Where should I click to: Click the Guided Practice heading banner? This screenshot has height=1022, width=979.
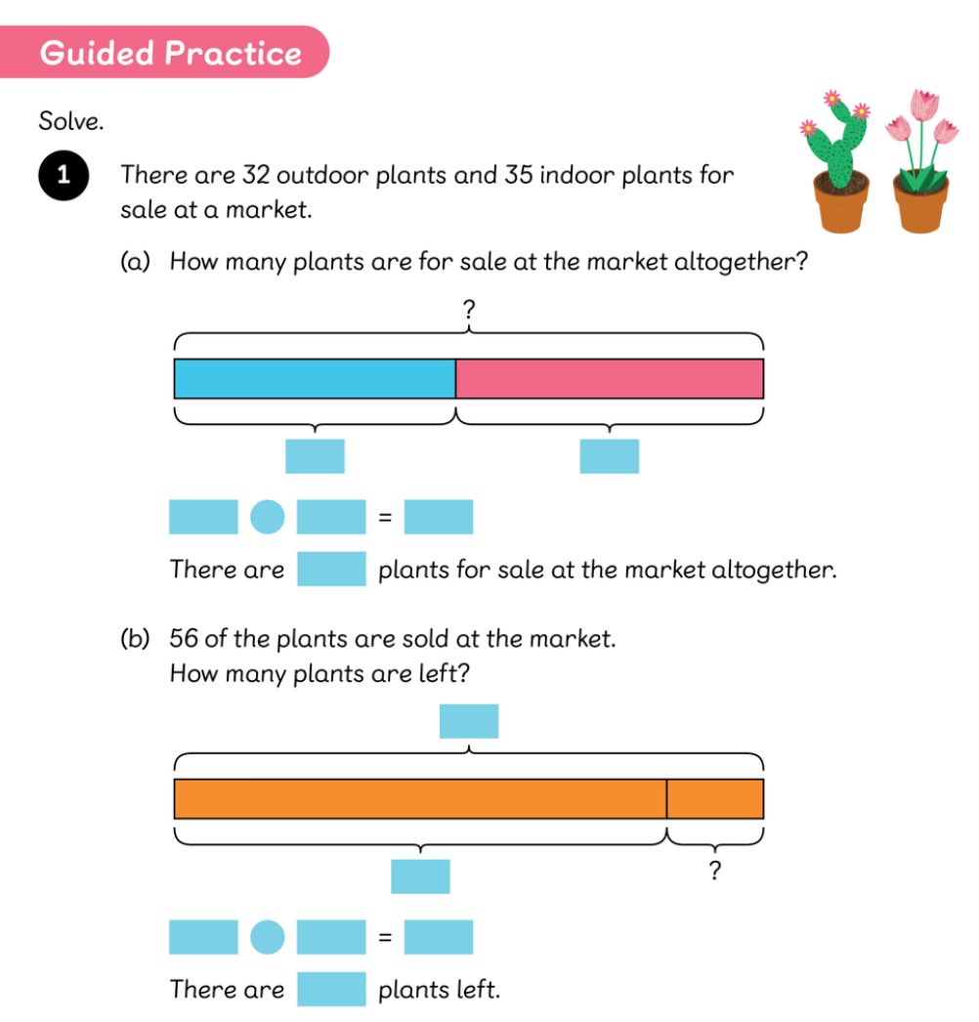(x=164, y=52)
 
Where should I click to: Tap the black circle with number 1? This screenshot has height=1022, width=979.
(x=64, y=175)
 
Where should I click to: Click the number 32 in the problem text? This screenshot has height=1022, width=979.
(x=256, y=175)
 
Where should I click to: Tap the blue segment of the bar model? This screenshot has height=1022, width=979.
(x=315, y=379)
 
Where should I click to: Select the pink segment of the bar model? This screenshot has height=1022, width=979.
(x=610, y=379)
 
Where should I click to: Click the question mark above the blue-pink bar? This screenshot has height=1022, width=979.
(x=469, y=309)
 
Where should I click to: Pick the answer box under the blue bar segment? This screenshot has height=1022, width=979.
(x=315, y=456)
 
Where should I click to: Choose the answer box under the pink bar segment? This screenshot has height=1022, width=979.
(x=610, y=456)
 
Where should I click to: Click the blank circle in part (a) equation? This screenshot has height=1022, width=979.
(x=268, y=517)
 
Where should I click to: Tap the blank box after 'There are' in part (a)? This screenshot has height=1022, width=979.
(x=331, y=569)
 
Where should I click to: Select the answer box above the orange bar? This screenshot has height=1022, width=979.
(x=469, y=721)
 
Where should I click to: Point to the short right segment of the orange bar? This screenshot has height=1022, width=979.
(x=715, y=799)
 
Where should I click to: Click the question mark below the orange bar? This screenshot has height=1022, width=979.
(x=715, y=871)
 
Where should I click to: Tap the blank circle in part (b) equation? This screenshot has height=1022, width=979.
(x=268, y=937)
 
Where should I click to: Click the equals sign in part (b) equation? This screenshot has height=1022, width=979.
(x=385, y=937)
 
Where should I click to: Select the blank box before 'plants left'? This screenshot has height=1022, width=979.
(x=331, y=989)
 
